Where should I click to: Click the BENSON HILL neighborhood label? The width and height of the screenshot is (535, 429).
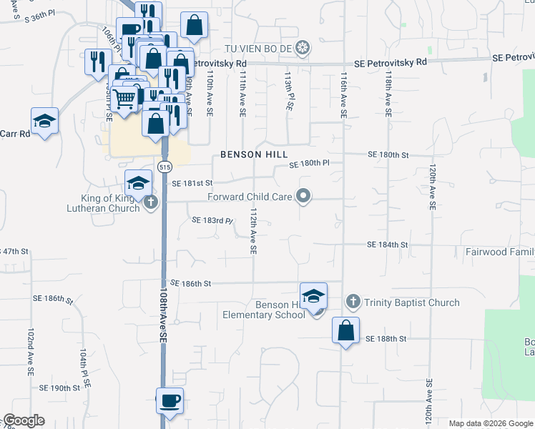[254, 154]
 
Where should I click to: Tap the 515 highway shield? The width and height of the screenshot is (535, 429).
[165, 167]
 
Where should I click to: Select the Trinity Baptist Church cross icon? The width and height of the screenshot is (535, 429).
[352, 302]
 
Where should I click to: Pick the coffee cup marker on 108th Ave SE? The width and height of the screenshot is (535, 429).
[170, 401]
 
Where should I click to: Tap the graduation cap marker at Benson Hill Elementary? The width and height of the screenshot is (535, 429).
[313, 297]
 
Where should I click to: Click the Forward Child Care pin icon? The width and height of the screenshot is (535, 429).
[303, 196]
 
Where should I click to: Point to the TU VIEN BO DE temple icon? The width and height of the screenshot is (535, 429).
[303, 48]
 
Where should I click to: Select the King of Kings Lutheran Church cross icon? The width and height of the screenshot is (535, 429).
[150, 203]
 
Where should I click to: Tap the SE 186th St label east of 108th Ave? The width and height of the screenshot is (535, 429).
[191, 284]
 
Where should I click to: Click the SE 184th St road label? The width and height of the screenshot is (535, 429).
[387, 245]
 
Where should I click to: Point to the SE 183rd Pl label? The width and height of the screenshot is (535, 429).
[212, 220]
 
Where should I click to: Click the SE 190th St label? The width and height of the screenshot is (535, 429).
[60, 388]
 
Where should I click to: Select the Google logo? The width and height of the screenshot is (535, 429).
[24, 420]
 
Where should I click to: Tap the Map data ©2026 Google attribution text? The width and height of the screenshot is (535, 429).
[490, 423]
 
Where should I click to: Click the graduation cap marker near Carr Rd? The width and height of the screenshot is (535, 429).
[44, 121]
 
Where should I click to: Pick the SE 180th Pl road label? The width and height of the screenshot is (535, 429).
[309, 164]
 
